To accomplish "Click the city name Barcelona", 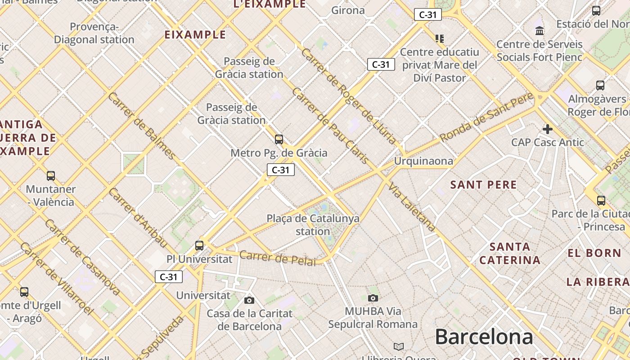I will tap(484, 337).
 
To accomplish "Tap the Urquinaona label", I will tap(423, 161).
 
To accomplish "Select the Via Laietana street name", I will tap(413, 207).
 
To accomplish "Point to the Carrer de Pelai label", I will tap(277, 258).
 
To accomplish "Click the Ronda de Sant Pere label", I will tap(486, 117).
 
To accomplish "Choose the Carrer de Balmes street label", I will tap(141, 126).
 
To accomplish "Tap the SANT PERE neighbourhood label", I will tap(484, 184).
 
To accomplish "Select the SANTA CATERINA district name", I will tap(510, 253).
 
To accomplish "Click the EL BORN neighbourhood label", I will tap(594, 253).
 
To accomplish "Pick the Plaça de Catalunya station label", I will tap(313, 225).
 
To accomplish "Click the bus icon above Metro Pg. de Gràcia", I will tap(279, 139).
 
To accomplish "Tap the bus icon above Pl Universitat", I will tap(199, 246).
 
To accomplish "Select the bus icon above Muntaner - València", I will tap(51, 175).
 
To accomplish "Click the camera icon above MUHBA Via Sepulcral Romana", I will tap(373, 297).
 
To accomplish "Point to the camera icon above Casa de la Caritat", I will tap(249, 300).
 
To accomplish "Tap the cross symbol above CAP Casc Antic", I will tap(547, 130).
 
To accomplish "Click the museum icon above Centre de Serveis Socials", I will tap(540, 31).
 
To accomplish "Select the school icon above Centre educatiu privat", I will tap(440, 38).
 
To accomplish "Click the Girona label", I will tap(348, 10).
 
